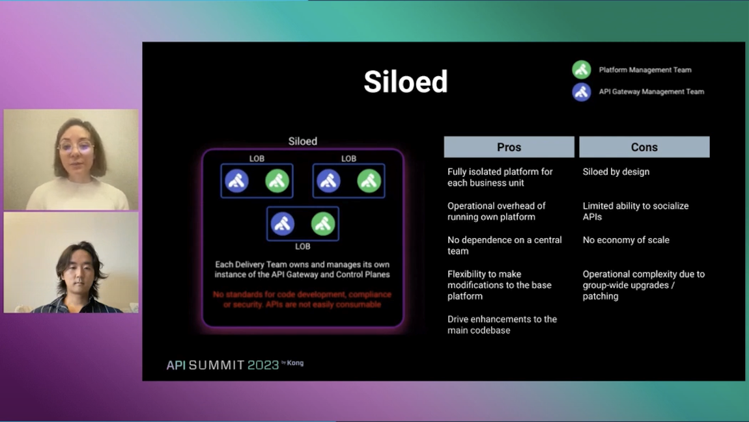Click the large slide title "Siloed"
click(x=405, y=82)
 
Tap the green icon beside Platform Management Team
click(x=582, y=70)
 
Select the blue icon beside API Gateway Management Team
click(x=582, y=92)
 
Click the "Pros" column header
click(x=509, y=147)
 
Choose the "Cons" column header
click(x=644, y=147)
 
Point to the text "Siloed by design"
click(x=615, y=172)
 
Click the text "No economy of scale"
click(x=625, y=240)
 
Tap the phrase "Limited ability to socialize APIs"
click(x=635, y=211)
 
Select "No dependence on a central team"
click(x=504, y=245)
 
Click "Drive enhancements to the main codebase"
click(x=502, y=324)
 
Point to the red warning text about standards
click(x=302, y=299)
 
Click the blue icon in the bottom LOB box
click(x=283, y=224)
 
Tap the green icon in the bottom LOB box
click(x=323, y=224)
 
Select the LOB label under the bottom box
click(x=302, y=246)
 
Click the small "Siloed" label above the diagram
click(x=302, y=141)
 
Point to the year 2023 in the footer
click(x=263, y=365)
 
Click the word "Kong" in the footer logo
click(x=295, y=363)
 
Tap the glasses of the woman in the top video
click(x=76, y=147)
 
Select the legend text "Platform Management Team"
click(x=645, y=70)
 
